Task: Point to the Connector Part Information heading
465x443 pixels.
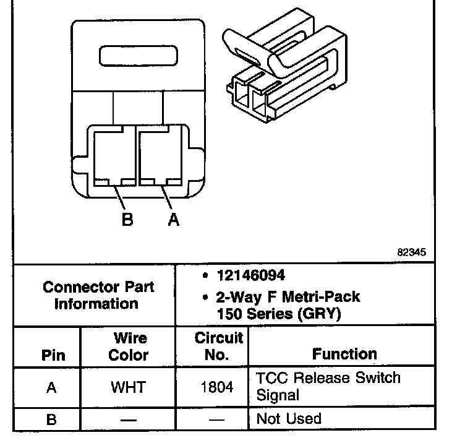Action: tap(98, 296)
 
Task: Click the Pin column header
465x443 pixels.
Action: tap(52, 355)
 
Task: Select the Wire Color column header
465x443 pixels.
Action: tap(129, 346)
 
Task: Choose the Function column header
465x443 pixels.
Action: tap(344, 354)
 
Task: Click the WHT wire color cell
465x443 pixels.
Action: tap(128, 387)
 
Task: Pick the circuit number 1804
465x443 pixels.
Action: tap(218, 387)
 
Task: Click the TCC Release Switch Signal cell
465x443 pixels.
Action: tap(328, 386)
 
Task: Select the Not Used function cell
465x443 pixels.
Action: tap(289, 419)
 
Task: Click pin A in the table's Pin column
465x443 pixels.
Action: tap(52, 388)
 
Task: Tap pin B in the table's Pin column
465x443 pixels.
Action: tap(52, 419)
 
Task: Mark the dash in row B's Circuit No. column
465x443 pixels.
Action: tap(218, 419)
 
